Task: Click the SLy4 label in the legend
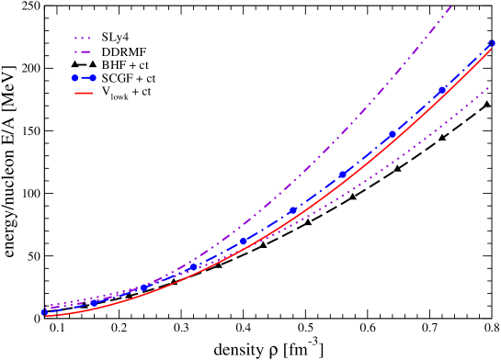(x=115, y=39)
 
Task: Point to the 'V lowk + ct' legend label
(x=126, y=95)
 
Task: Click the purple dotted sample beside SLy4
(x=82, y=39)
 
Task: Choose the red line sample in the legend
(x=82, y=94)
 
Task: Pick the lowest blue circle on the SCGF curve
(x=44, y=312)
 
